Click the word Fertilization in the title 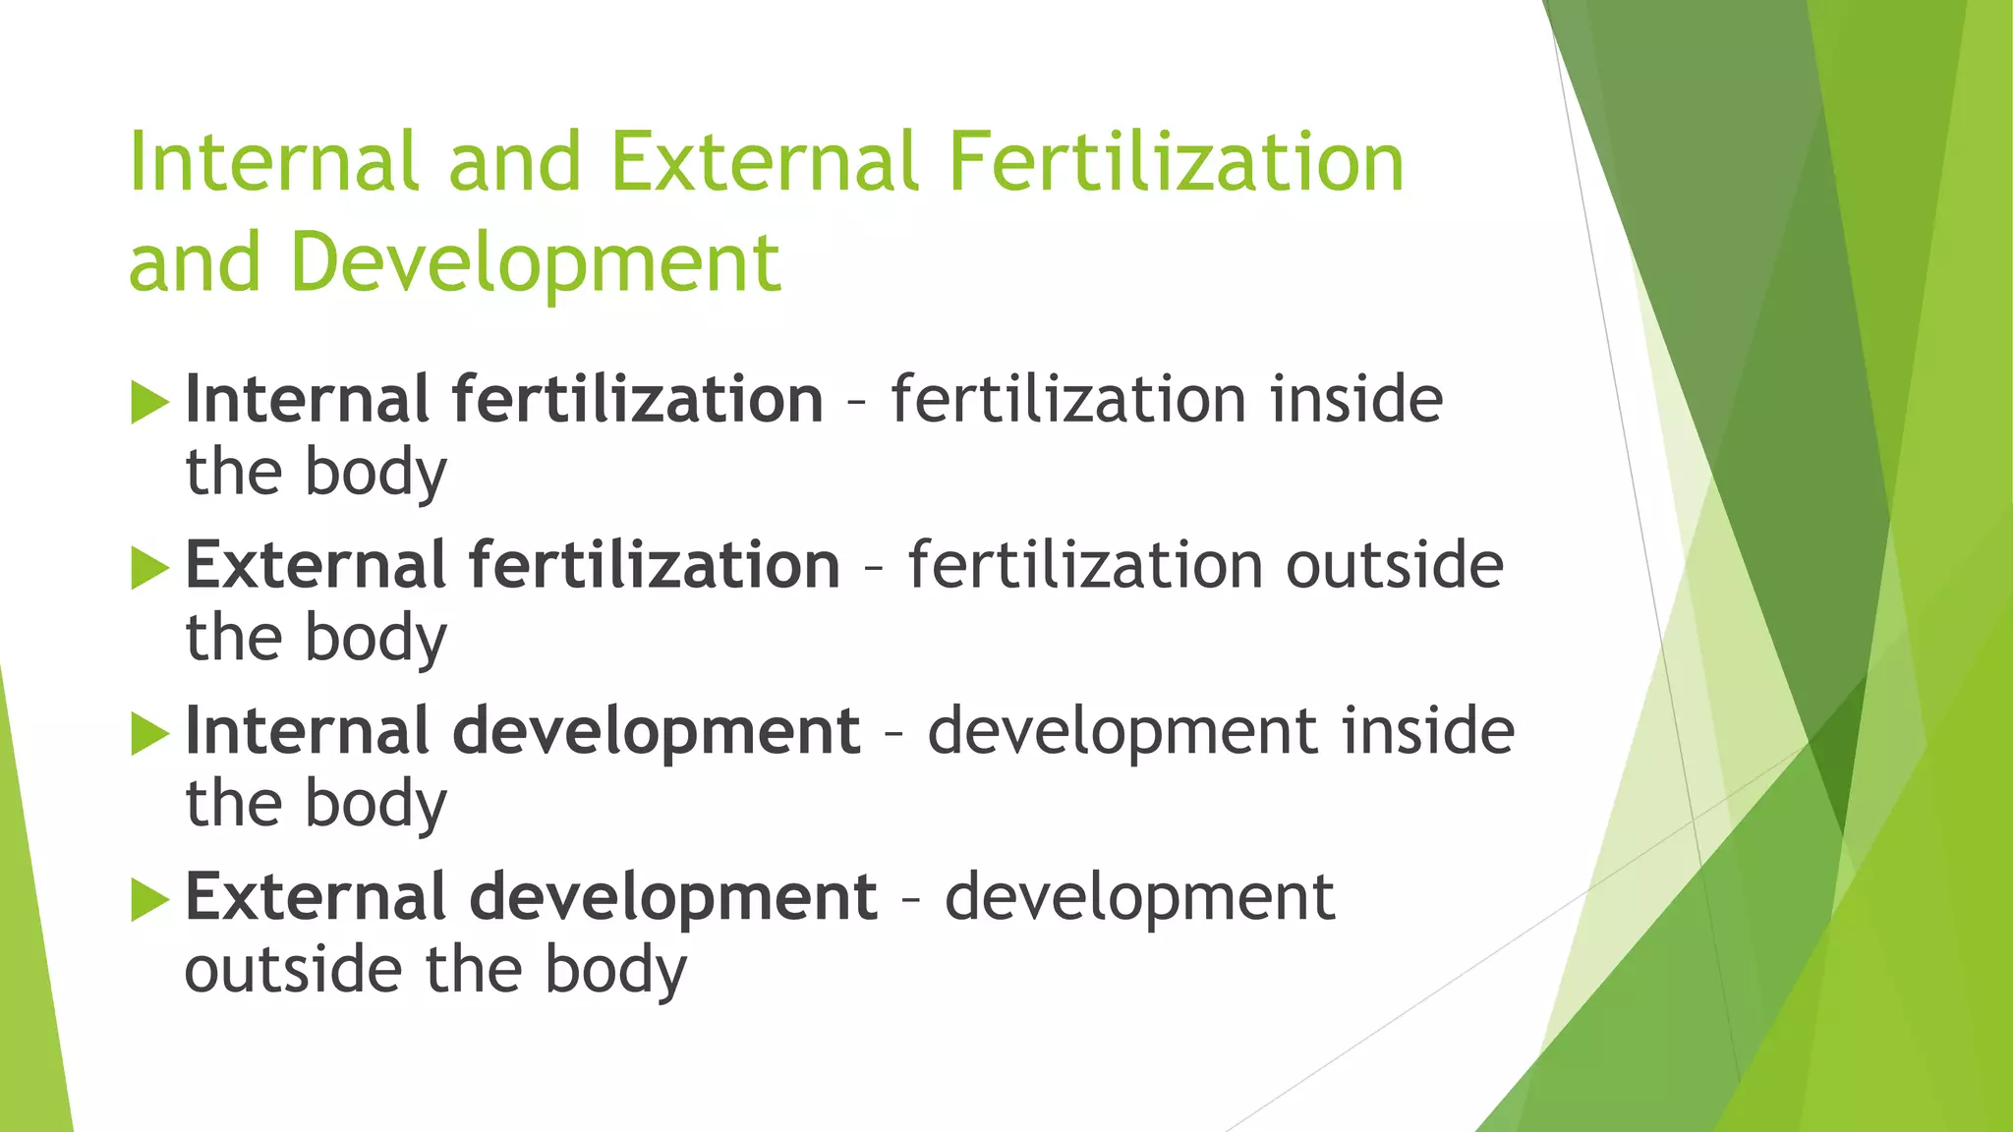click(x=1177, y=162)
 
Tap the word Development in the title click(x=536, y=263)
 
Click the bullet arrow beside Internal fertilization click(x=149, y=404)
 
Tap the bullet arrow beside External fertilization click(x=149, y=569)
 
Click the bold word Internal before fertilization click(x=307, y=399)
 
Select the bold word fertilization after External click(x=655, y=565)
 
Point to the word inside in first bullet click(x=1356, y=399)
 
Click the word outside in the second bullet click(x=1395, y=565)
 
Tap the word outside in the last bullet click(x=293, y=970)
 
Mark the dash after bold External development click(x=911, y=898)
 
